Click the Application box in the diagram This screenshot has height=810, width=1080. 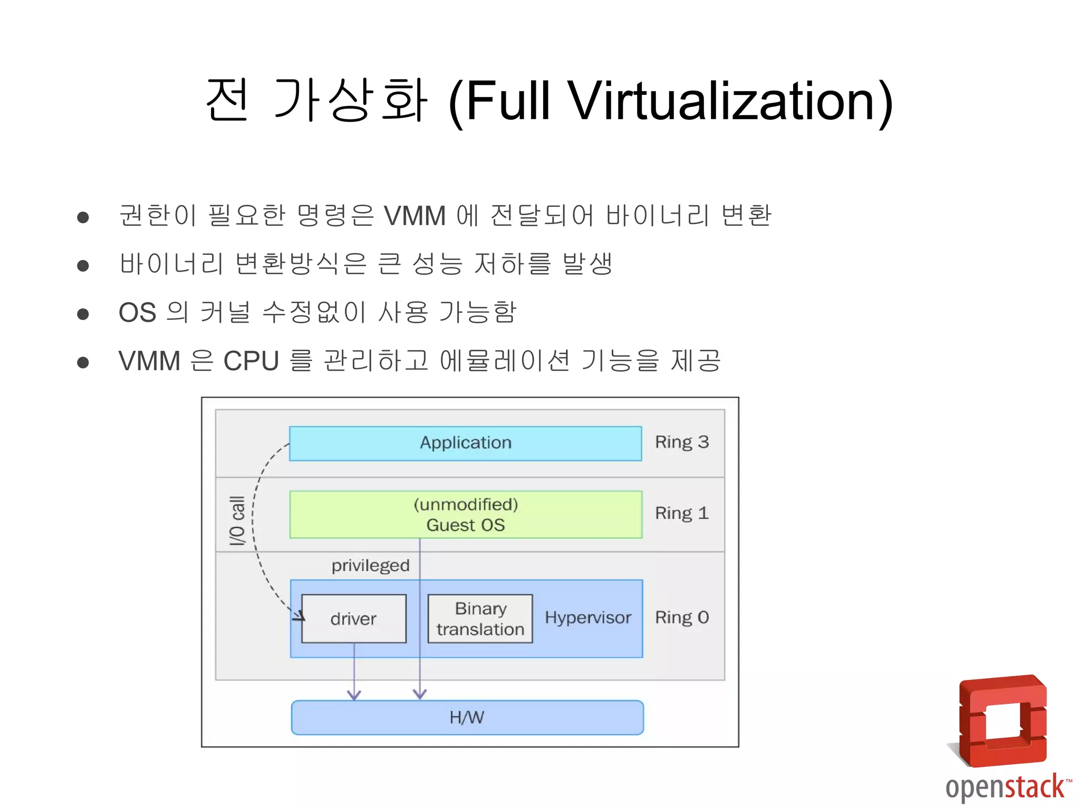[x=465, y=443]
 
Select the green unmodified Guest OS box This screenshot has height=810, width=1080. [x=465, y=514]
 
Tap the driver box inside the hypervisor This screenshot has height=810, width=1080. [x=353, y=619]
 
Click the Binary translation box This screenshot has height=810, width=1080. [x=480, y=619]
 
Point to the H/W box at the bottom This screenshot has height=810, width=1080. [x=467, y=717]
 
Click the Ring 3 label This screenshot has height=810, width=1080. [x=681, y=442]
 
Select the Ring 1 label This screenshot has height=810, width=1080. [x=681, y=513]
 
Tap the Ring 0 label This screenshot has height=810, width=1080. [x=681, y=618]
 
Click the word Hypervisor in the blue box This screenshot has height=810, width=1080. [x=587, y=618]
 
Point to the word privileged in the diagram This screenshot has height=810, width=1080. [x=370, y=565]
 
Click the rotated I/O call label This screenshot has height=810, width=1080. [x=237, y=520]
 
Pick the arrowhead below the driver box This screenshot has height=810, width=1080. [x=354, y=695]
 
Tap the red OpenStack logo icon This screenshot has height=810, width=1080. [x=1002, y=721]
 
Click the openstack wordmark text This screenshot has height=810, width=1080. [x=1005, y=787]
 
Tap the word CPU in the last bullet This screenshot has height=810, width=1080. [x=251, y=361]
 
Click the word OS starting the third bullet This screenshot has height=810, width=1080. [x=137, y=313]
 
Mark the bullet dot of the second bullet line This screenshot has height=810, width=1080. [x=83, y=265]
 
